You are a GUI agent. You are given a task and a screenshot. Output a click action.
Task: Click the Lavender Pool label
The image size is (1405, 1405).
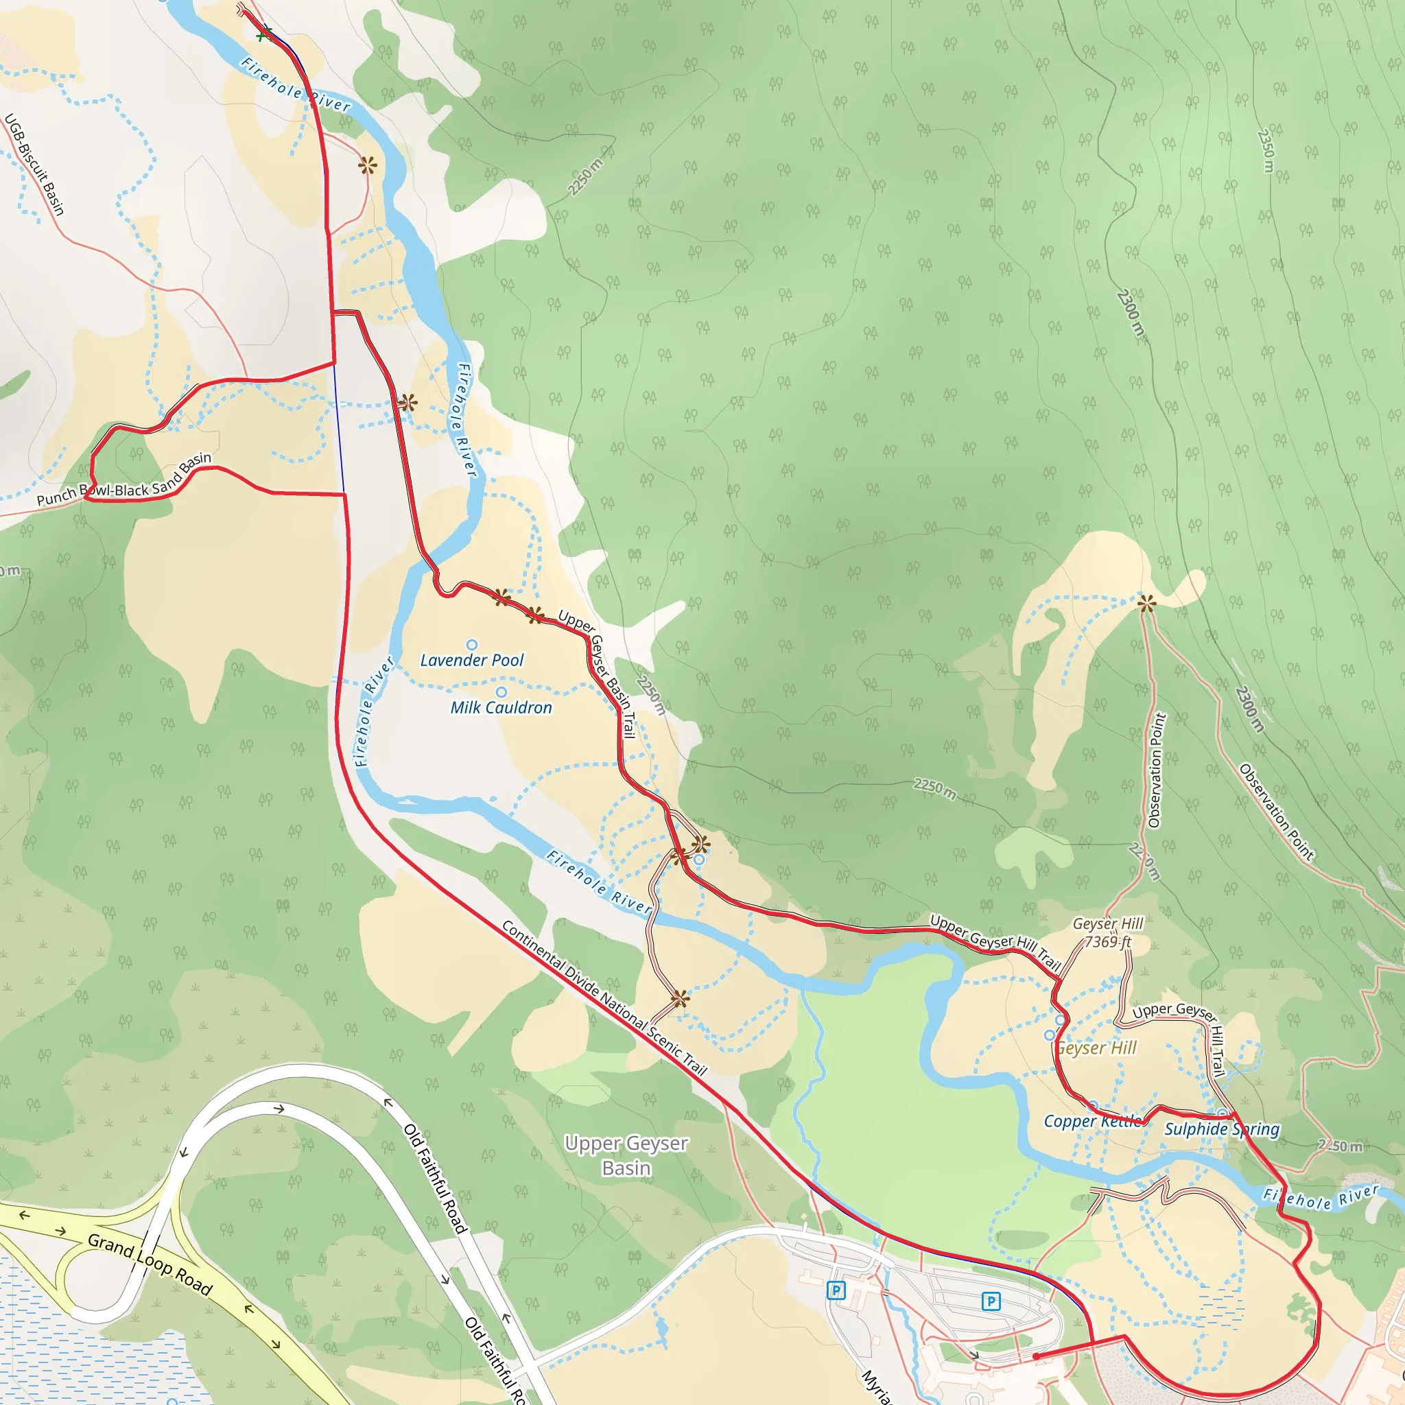472,661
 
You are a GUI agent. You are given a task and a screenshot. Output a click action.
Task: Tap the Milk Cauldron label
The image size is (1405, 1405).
501,707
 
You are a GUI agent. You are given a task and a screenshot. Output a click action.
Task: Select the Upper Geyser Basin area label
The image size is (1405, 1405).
626,1155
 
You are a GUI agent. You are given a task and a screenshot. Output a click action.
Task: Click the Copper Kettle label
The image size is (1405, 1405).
1093,1122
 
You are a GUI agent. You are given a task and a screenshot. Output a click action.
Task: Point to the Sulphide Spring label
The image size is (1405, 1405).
1222,1129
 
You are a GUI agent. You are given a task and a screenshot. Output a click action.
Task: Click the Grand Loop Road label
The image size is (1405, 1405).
150,1264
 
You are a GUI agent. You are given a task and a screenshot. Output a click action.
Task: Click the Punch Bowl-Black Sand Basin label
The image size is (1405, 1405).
124,481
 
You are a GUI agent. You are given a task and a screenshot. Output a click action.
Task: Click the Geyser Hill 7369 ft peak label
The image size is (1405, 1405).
1107,933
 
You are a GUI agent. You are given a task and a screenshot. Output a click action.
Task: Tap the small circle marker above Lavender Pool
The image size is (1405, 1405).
472,644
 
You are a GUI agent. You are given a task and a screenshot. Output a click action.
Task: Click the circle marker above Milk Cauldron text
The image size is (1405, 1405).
501,692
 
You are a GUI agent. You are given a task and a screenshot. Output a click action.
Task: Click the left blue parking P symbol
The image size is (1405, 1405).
836,1291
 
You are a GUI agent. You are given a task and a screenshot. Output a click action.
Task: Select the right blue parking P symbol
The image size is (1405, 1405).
991,1301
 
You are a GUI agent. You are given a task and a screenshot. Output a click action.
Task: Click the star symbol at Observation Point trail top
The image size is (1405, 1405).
1146,603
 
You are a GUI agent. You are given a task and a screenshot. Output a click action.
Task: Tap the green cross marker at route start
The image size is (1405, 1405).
264,34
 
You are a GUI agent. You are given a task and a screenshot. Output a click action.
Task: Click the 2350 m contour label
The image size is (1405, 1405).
1266,151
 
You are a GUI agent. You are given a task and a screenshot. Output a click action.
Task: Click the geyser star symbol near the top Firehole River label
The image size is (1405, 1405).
367,165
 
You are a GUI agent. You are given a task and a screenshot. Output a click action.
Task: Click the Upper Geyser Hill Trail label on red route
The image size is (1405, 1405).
995,943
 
